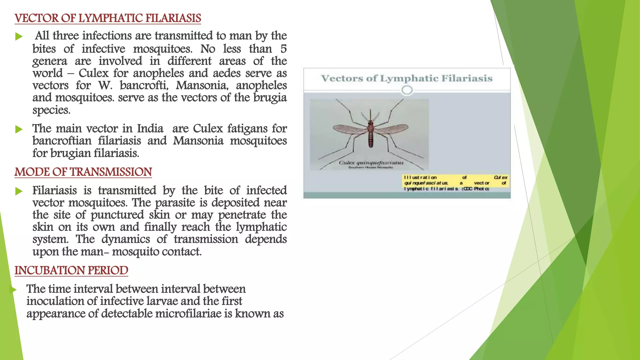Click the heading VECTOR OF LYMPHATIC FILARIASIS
pos(107,18)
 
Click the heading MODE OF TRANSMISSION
pos(83,172)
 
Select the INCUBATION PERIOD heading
pos(71,271)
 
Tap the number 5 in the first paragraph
pos(283,49)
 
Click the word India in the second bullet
pos(150,129)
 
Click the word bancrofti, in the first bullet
pos(144,86)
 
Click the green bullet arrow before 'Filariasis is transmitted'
pos(19,191)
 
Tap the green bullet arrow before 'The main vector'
pos(19,129)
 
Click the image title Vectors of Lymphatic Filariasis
pos(407,78)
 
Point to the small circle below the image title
pos(407,90)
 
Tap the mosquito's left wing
pos(350,129)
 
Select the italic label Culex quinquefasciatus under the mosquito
pos(371,163)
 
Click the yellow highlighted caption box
pos(455,183)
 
